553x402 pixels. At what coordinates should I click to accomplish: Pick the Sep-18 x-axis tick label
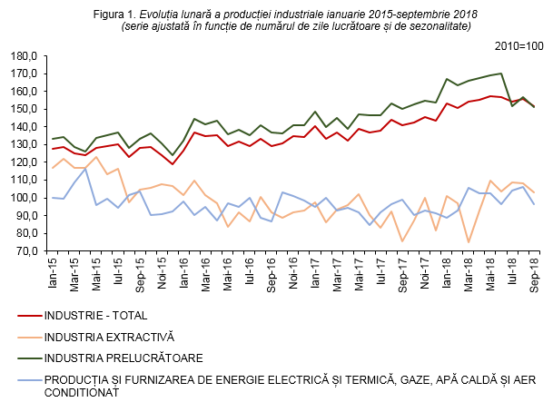pos(532,271)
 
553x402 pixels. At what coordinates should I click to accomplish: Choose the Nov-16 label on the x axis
pos(294,271)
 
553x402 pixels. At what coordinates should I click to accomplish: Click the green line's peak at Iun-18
pos(500,74)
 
